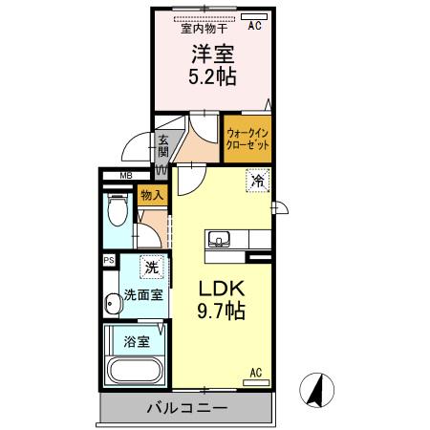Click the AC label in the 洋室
click(x=254, y=27)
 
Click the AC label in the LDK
click(x=256, y=373)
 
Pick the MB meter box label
click(x=125, y=176)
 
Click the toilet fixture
click(x=118, y=209)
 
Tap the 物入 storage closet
click(x=152, y=195)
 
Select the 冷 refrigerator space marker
click(x=256, y=179)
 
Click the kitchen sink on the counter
click(x=218, y=239)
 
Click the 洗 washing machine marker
click(x=150, y=267)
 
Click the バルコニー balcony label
click(x=186, y=408)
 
